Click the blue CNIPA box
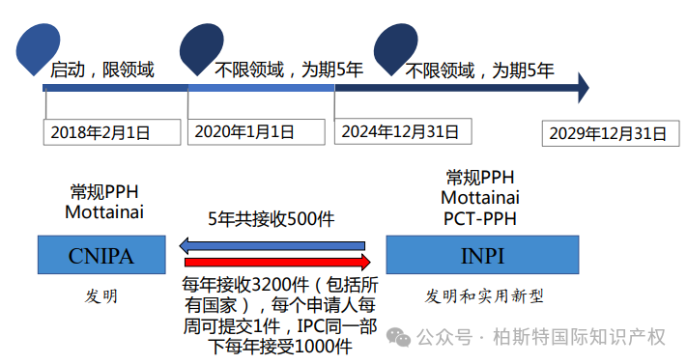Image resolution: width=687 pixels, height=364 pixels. (x=100, y=255)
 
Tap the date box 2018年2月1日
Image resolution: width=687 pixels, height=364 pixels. (x=111, y=132)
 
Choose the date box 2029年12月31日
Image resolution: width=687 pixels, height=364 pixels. (x=605, y=132)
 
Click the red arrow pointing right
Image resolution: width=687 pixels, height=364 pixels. (x=277, y=263)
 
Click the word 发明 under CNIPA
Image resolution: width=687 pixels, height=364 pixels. (x=100, y=296)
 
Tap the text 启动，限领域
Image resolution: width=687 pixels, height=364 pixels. (x=101, y=70)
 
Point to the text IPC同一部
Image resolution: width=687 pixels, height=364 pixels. (x=333, y=324)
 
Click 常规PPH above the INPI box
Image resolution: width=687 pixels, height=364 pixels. (x=480, y=177)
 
